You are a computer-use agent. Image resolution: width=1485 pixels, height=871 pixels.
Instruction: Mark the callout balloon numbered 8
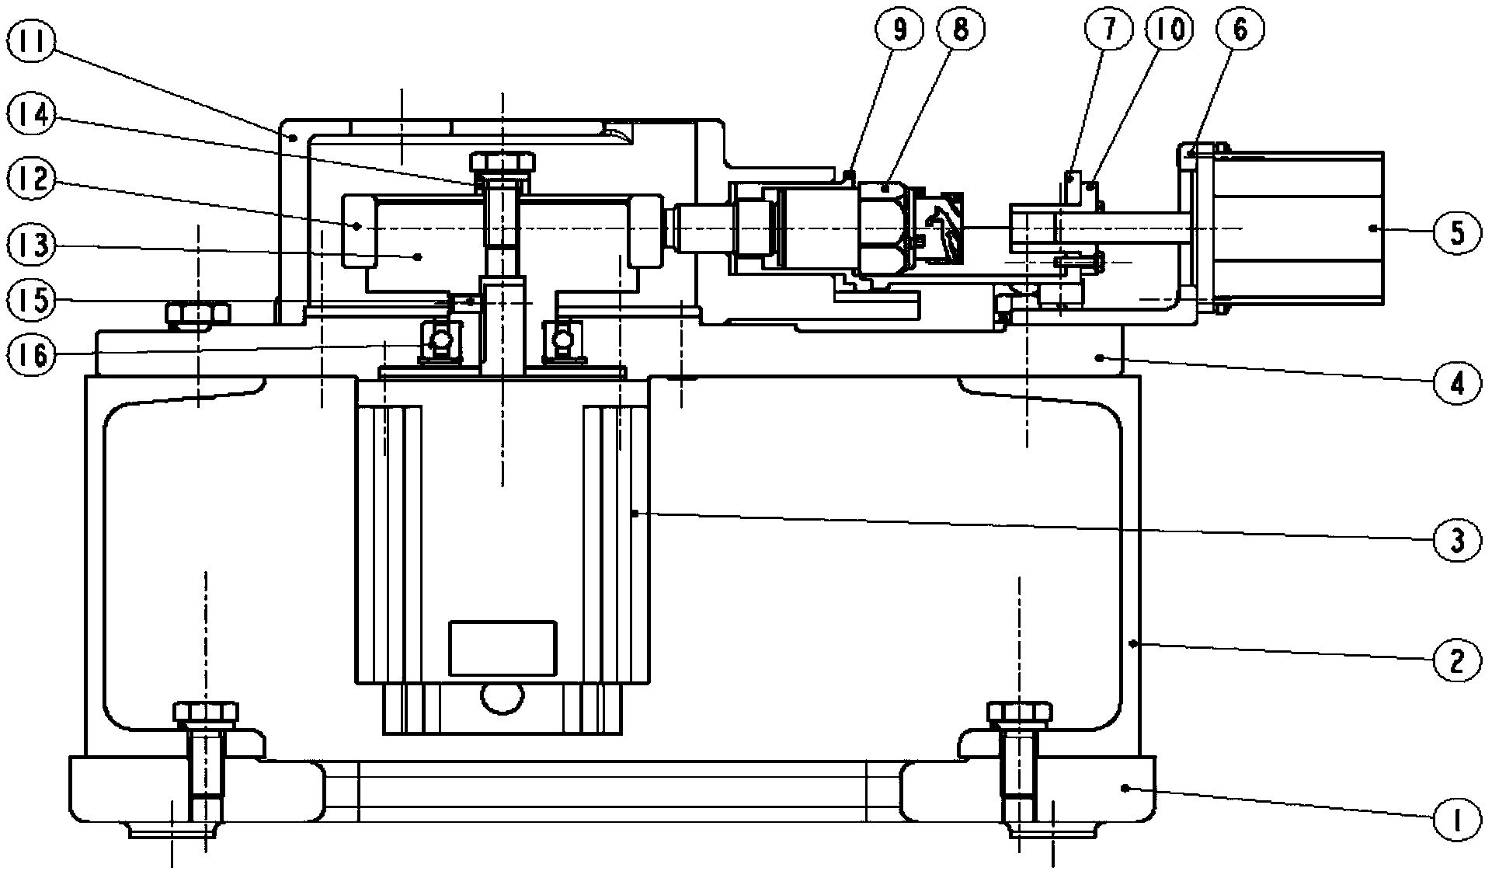(x=961, y=32)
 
